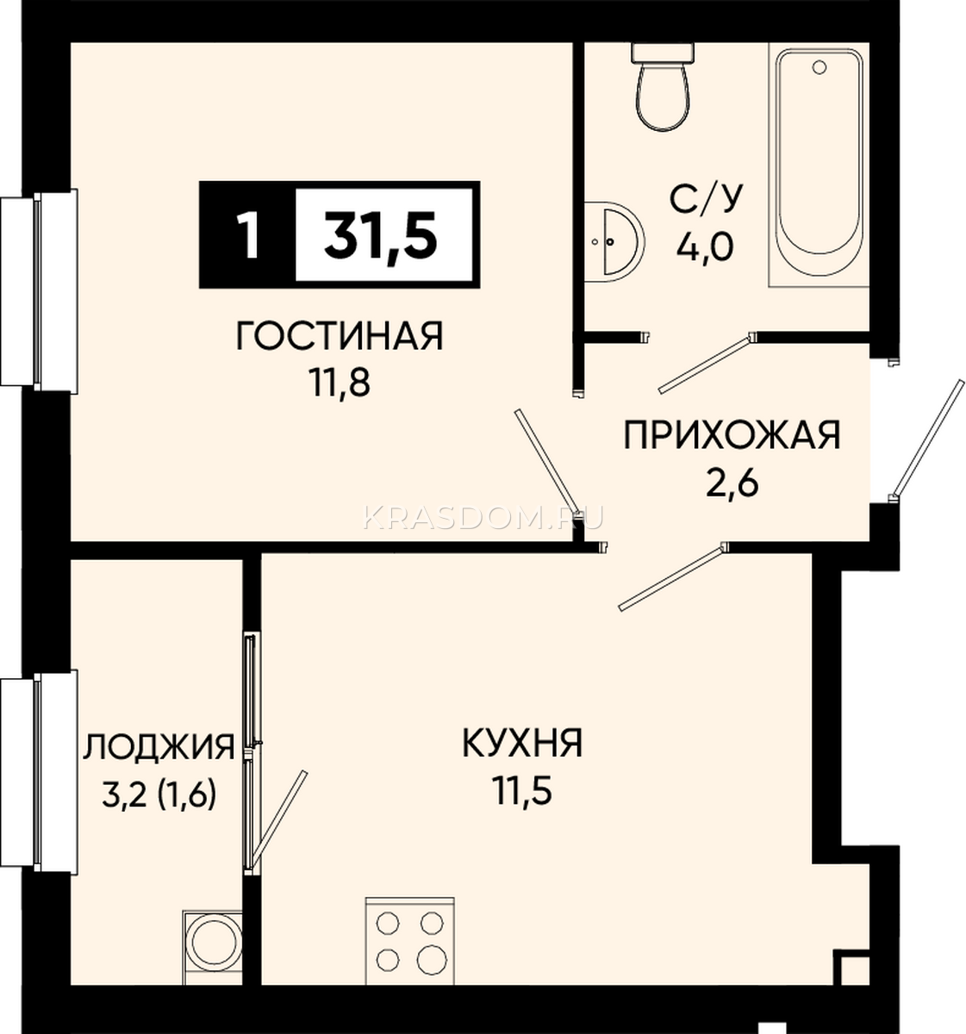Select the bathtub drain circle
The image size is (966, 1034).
[820, 66]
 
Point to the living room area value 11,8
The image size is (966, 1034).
[340, 383]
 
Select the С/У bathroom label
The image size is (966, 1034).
[705, 199]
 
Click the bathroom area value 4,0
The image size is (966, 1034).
[705, 246]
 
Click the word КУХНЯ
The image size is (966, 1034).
[522, 743]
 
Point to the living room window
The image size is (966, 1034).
[39, 290]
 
